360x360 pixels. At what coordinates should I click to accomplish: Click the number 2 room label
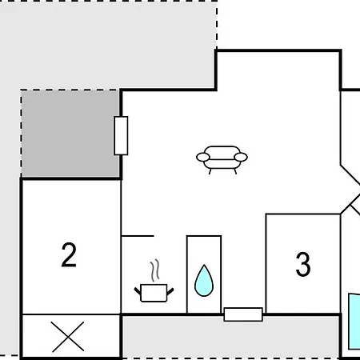pos(69,254)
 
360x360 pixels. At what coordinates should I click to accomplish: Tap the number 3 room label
pos(303,264)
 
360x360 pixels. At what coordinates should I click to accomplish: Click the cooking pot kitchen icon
pos(154,293)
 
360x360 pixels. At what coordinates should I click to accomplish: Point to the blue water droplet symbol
pos(204,282)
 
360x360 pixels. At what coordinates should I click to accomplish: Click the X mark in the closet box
pos(68,337)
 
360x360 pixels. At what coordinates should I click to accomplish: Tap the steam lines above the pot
pos(155,270)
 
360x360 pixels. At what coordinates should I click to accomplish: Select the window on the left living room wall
pos(121,135)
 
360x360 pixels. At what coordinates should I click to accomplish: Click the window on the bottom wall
pos(243,314)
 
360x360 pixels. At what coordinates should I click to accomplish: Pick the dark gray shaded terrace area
pos(70,134)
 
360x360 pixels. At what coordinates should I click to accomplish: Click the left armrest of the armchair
pos(203,157)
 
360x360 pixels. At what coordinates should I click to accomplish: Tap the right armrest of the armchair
pos(241,157)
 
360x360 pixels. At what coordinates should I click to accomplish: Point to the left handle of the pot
pos(138,291)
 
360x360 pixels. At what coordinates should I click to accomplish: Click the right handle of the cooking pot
pos(170,291)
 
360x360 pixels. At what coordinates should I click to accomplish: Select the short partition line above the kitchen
pos(138,236)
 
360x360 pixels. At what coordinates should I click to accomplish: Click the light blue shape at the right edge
pos(354,322)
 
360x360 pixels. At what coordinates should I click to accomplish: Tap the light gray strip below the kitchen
pos(230,338)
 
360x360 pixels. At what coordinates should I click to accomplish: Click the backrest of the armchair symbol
pos(222,153)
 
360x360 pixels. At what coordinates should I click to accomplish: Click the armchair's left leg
pos(210,171)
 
